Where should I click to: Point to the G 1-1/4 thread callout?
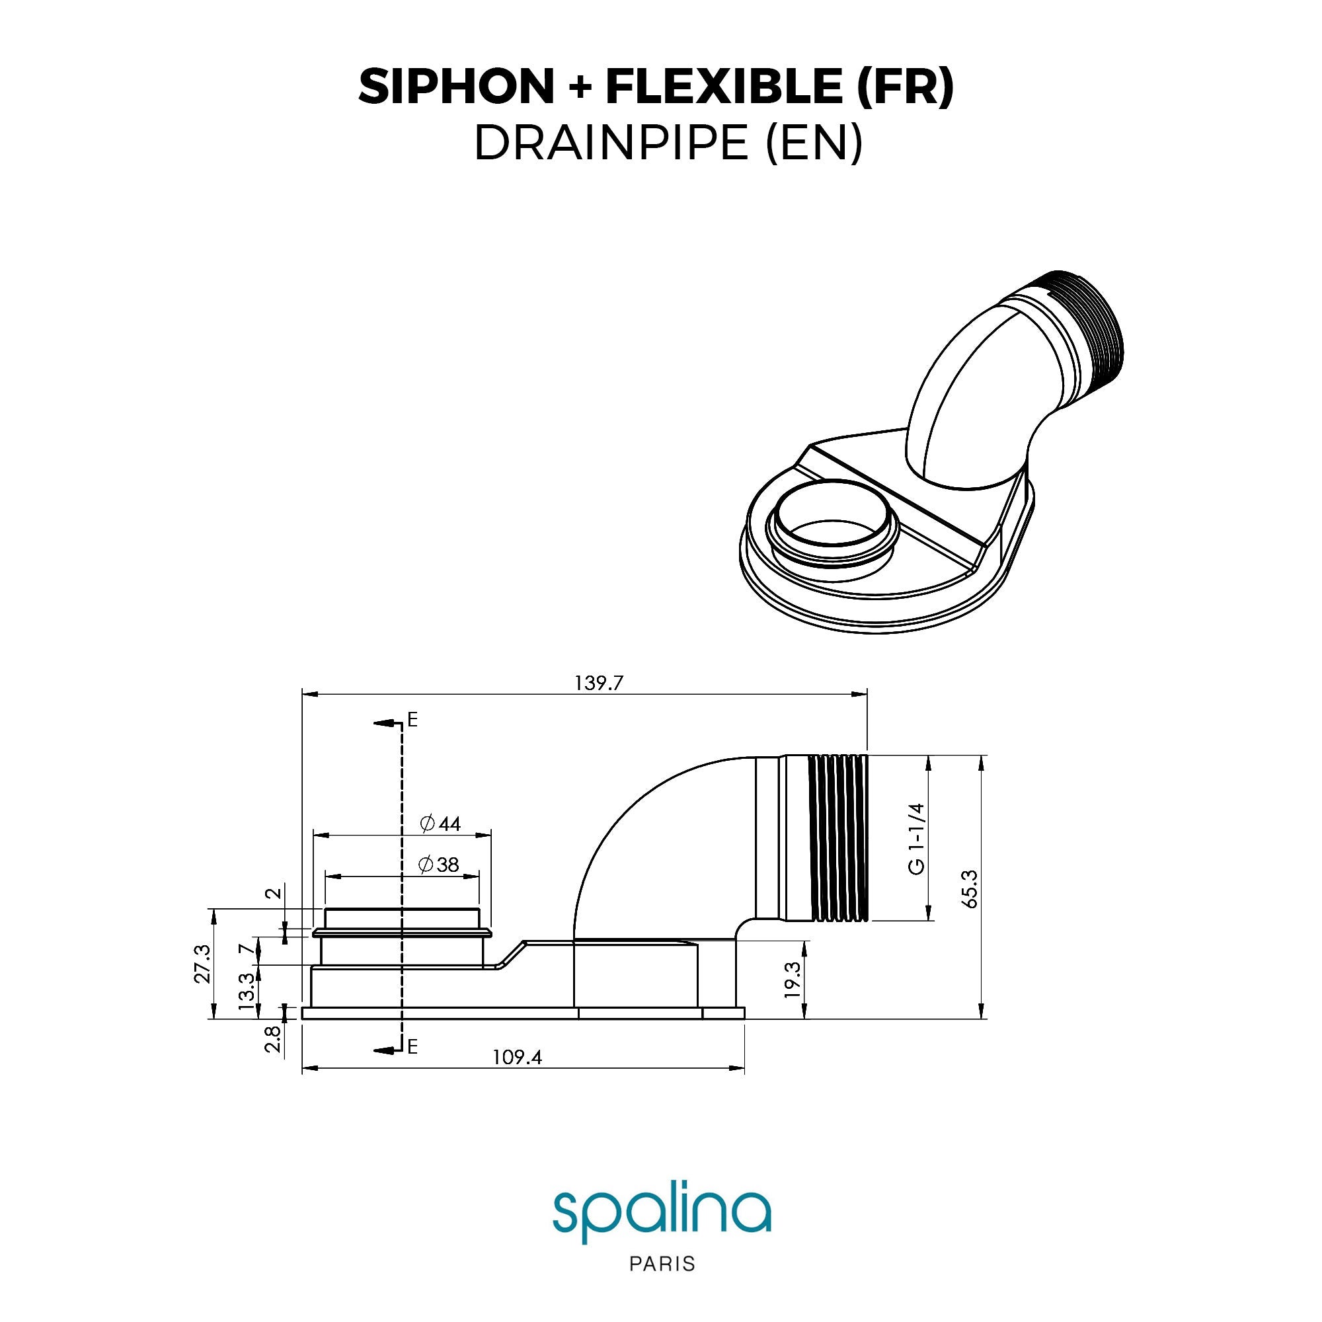click(917, 838)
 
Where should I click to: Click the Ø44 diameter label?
click(441, 823)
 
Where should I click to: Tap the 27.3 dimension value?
click(202, 964)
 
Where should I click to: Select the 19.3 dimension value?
click(793, 980)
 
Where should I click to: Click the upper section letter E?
click(412, 720)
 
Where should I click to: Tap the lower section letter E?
click(412, 1046)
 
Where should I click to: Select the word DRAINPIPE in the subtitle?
click(611, 143)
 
